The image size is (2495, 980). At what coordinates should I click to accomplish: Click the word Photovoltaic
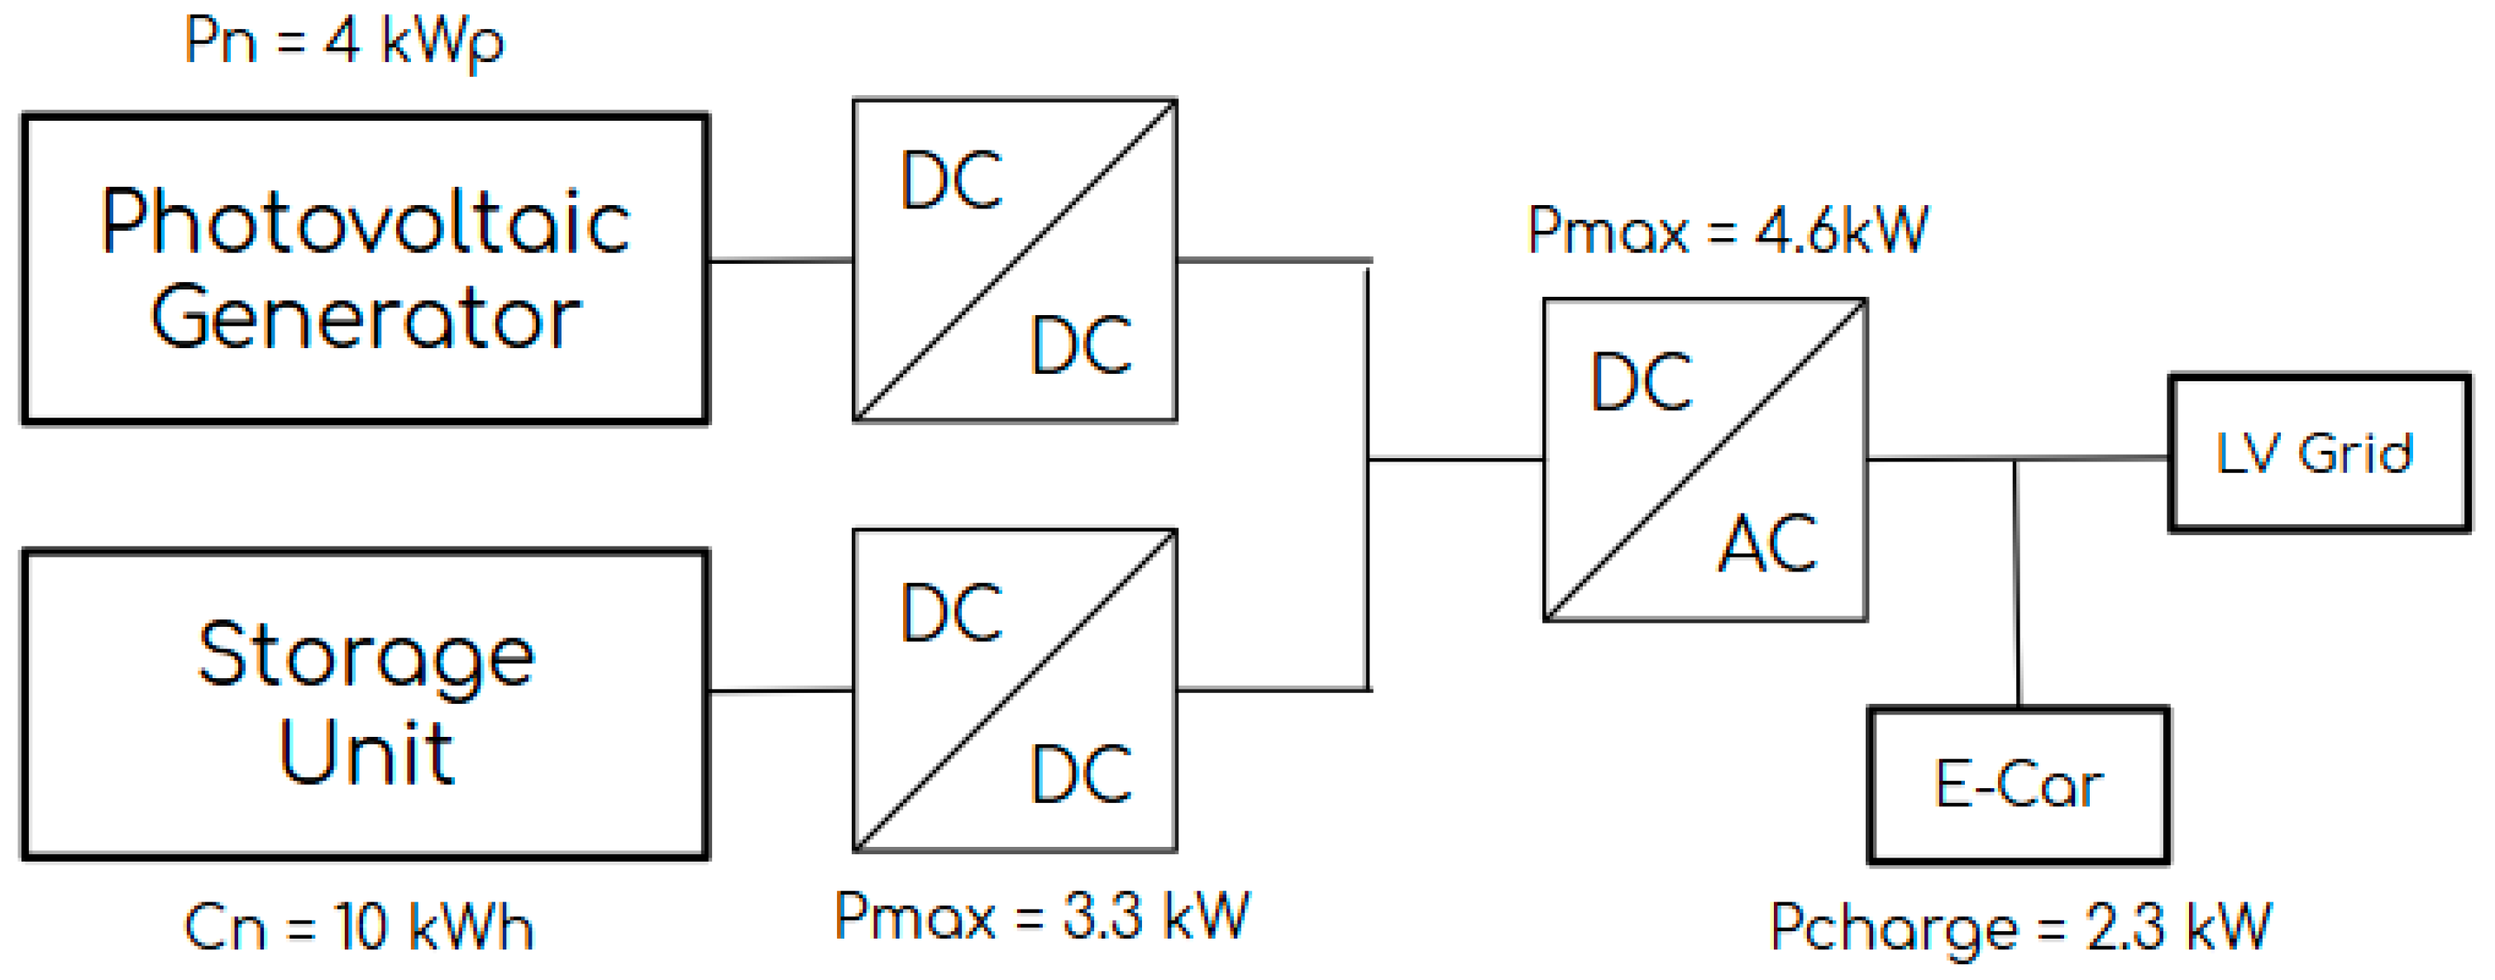coord(366,222)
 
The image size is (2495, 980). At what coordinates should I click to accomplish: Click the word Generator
coord(366,318)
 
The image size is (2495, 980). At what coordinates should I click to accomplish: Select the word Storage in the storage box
coord(366,657)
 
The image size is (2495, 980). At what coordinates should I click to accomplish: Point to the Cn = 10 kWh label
coord(357,927)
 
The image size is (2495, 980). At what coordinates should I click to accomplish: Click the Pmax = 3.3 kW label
coord(1041,915)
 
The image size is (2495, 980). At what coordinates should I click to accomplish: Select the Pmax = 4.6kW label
coord(1727,231)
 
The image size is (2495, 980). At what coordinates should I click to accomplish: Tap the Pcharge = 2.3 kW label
coord(2019,927)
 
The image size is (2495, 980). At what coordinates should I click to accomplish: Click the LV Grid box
coord(2318,453)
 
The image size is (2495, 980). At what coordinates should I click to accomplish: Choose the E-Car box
coord(2018,783)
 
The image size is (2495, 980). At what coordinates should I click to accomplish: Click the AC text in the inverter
coord(1767,543)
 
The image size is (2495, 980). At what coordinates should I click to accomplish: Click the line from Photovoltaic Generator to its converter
coord(780,261)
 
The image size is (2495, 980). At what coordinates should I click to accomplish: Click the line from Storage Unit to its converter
coord(780,691)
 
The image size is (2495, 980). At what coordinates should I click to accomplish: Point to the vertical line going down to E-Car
coord(2016,581)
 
